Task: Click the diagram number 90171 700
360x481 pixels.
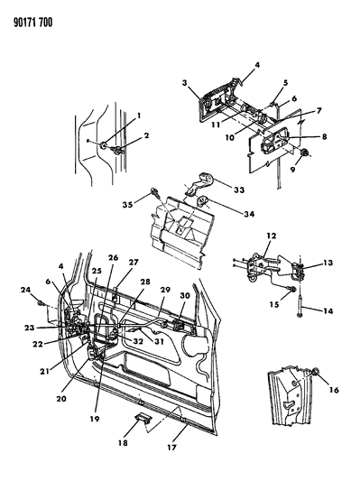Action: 32,23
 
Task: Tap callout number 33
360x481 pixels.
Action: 239,190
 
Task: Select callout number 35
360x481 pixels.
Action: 127,204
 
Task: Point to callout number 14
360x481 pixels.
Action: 328,311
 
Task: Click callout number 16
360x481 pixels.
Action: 334,390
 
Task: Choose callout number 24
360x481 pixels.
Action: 26,290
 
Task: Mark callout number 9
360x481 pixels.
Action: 293,169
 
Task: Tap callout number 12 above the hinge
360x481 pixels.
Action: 272,236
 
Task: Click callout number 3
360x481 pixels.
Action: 184,83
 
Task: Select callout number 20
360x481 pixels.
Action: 61,399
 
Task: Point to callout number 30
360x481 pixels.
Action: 185,295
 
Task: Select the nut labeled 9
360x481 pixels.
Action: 304,153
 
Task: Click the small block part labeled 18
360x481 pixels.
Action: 142,418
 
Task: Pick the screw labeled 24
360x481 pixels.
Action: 41,304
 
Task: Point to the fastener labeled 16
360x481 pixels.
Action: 315,373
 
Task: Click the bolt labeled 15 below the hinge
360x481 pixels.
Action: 292,289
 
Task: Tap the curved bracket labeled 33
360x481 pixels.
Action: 199,183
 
